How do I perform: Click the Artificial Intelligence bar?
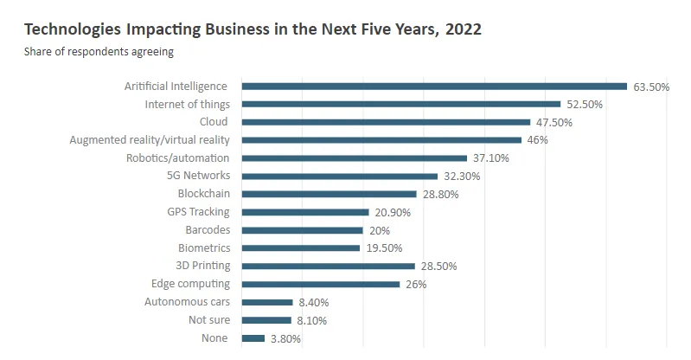click(434, 87)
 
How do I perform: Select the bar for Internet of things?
click(401, 104)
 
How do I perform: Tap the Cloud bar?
click(386, 122)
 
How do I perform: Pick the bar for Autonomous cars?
click(267, 302)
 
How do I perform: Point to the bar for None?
click(253, 338)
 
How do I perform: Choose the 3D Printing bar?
click(329, 266)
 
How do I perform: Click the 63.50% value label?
click(651, 87)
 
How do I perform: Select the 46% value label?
click(538, 140)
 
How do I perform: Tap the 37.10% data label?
click(491, 158)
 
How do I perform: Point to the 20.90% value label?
click(393, 213)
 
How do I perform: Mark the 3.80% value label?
click(285, 339)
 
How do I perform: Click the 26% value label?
click(416, 285)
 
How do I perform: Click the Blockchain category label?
click(204, 194)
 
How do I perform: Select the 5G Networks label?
click(198, 175)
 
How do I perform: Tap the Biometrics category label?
click(204, 248)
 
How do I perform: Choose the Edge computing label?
click(191, 284)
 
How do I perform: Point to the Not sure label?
click(209, 320)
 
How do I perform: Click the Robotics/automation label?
click(178, 158)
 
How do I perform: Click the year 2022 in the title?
click(464, 29)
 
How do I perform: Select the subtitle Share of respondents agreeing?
click(99, 52)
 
